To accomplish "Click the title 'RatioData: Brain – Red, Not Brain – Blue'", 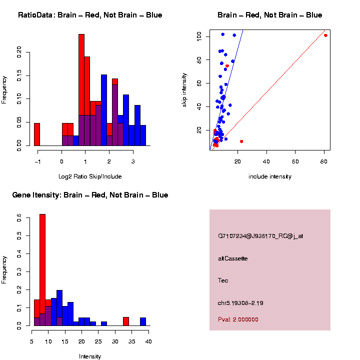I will pos(90,15).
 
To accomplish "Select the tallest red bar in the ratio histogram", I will pos(81,90).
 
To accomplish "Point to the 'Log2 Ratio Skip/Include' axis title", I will pos(90,176).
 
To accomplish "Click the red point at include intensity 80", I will pos(325,35).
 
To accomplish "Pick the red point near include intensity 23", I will pos(241,141).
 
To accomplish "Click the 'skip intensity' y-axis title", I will pos(184,89).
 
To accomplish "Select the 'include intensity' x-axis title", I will pos(270,176).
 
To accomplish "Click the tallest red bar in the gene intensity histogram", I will pos(42,270).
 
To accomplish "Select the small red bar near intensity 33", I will pos(126,321).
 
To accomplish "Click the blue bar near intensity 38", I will pos(143,321).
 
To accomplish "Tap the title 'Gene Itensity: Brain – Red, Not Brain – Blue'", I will pos(90,195).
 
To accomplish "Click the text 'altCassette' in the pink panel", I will pos(233,258).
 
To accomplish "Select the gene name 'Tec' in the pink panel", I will pos(223,280).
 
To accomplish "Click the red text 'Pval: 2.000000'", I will pos(238,319).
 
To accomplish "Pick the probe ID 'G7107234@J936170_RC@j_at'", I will pos(260,236).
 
